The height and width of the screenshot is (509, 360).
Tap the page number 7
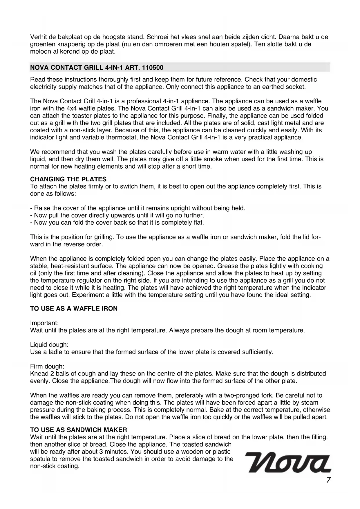coord(328,480)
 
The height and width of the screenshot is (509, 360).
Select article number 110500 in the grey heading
coord(153,68)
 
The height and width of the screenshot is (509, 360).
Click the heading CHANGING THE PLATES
coord(68,179)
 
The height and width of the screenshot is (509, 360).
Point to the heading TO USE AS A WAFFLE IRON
coord(74,308)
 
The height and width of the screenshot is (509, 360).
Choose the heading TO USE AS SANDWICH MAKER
coord(78,430)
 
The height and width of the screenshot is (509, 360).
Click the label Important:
coord(44,323)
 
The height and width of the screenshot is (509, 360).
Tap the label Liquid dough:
coord(49,345)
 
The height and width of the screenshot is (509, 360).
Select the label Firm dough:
coord(47,367)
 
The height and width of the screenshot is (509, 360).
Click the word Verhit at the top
coord(38,37)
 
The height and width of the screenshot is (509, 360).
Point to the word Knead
coord(38,373)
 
